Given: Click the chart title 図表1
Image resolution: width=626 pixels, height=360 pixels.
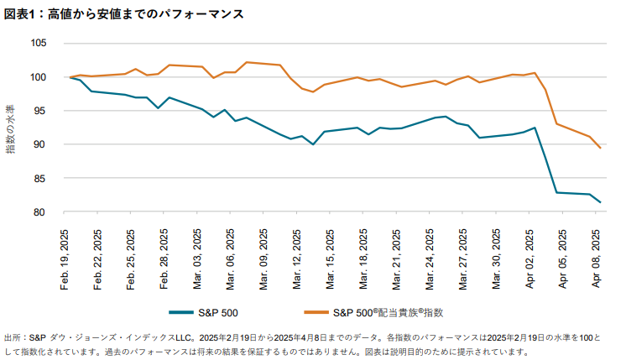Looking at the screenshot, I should [23, 14].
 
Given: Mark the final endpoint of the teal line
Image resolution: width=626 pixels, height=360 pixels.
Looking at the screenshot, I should [600, 202].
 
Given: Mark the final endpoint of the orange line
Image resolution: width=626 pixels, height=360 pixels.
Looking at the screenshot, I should [600, 148].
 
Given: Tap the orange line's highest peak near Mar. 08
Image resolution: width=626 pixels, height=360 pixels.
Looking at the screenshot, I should [246, 62].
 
